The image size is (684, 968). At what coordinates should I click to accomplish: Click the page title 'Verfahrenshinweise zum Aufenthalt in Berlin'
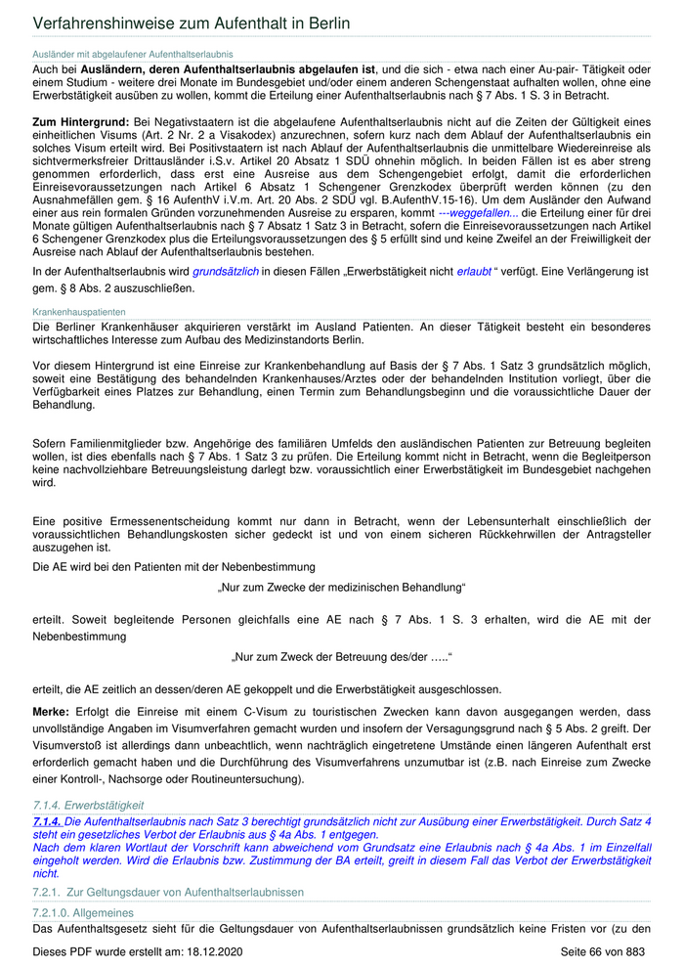pyautogui.click(x=192, y=22)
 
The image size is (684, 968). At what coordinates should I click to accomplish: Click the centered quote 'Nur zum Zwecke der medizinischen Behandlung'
pyautogui.click(x=341, y=587)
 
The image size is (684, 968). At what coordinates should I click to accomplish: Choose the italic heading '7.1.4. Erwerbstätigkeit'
pyautogui.click(x=88, y=804)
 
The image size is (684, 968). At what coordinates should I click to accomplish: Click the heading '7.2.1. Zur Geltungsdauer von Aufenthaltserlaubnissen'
pyautogui.click(x=168, y=893)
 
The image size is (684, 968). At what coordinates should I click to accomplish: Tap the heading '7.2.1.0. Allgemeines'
pyautogui.click(x=84, y=912)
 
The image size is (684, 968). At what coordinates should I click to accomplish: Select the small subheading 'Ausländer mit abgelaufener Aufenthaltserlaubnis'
pyautogui.click(x=133, y=54)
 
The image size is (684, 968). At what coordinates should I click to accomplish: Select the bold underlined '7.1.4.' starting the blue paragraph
pyautogui.click(x=47, y=821)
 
